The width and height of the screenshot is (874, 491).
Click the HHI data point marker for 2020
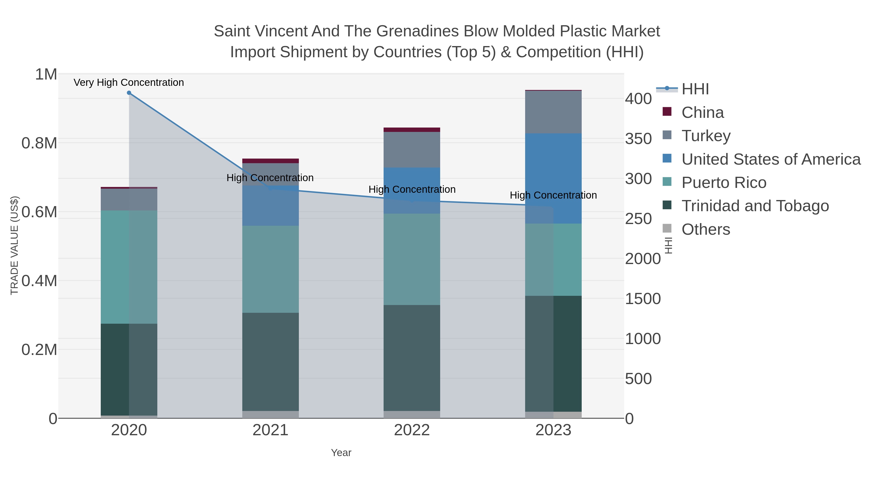(x=129, y=93)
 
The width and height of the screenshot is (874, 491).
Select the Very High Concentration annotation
(x=129, y=82)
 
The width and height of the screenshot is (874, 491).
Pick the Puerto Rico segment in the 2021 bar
(x=270, y=269)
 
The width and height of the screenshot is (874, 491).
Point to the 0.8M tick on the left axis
(x=39, y=143)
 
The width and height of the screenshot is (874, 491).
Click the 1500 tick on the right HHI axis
(x=643, y=299)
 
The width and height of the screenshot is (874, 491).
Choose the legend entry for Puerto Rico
(x=724, y=183)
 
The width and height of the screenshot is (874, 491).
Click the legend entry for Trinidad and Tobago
(x=755, y=206)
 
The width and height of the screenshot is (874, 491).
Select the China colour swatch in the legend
(x=667, y=112)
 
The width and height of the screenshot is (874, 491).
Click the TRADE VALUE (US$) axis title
(x=14, y=245)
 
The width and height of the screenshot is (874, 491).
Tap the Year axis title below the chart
(x=341, y=453)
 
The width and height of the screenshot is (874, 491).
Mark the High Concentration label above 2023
(x=553, y=195)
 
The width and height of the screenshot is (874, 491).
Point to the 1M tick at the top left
(x=46, y=74)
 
